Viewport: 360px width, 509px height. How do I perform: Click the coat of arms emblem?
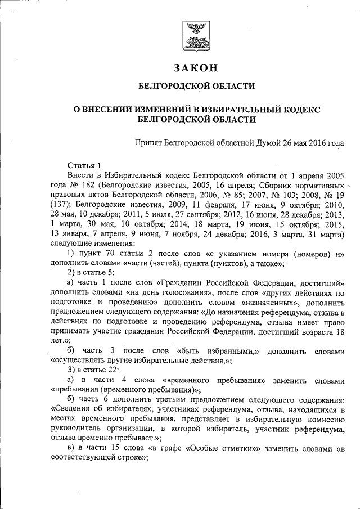(x=196, y=36)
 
